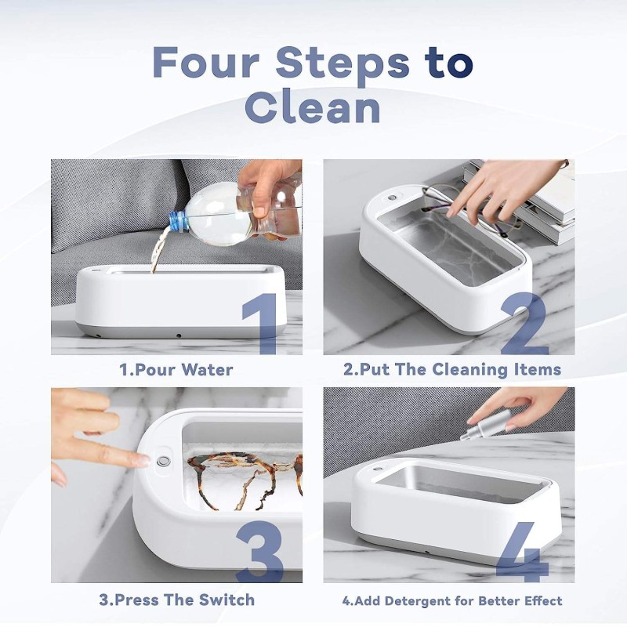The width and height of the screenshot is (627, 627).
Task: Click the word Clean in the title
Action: point(313,107)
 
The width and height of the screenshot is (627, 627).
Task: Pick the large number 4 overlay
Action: point(520,552)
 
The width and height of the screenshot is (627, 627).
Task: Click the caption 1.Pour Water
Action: point(176,369)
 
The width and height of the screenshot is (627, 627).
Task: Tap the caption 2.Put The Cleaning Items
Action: point(452,369)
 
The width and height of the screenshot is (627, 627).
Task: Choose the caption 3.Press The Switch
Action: point(176,600)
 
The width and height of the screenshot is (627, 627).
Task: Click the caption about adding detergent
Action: point(452,601)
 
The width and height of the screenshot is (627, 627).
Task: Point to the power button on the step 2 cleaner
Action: point(390,198)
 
